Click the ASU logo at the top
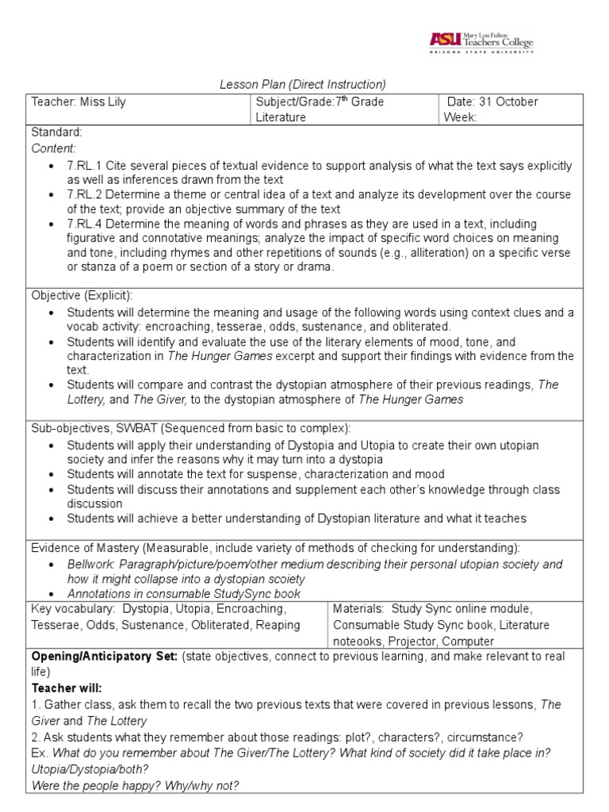coord(481,41)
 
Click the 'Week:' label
coord(464,117)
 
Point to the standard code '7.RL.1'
coord(86,165)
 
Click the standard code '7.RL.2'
coord(86,194)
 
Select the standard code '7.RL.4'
coord(86,224)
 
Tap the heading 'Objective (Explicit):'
coord(82,295)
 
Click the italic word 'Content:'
coord(54,147)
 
